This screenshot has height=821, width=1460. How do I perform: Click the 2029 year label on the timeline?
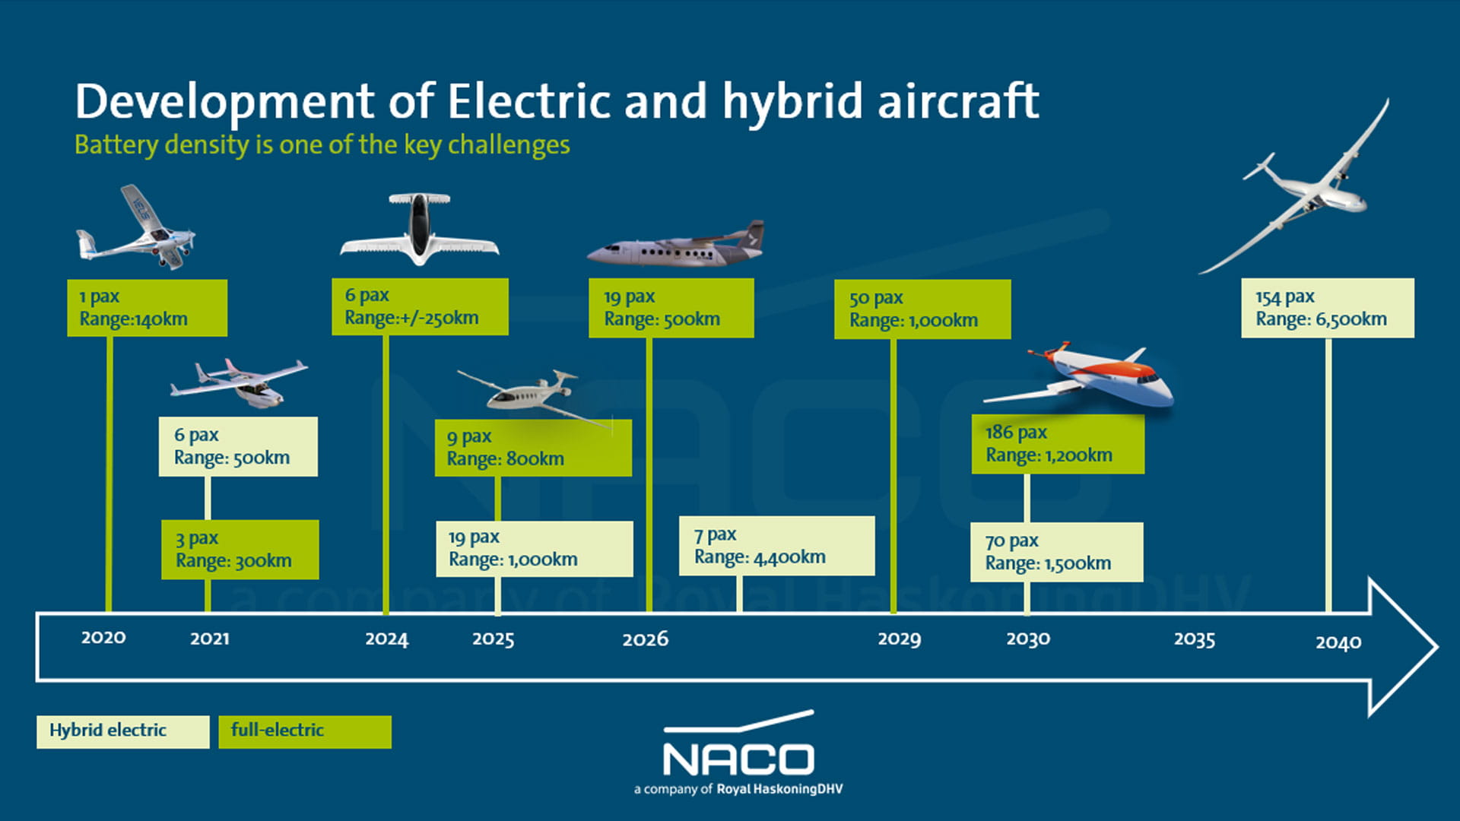pos(899,639)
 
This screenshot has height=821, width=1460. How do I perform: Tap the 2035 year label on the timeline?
pos(1194,639)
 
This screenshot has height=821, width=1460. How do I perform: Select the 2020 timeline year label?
pos(103,637)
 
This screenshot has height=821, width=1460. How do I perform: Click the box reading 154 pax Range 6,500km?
pos(1327,308)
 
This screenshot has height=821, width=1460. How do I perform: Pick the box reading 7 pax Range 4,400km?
pos(776,546)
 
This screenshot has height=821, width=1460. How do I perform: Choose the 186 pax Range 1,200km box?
pos(1057,444)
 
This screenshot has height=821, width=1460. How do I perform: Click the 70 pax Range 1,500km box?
pos(1056,552)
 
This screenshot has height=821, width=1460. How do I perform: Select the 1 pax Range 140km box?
pos(147,308)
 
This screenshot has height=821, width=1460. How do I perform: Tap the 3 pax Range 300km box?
pos(240,550)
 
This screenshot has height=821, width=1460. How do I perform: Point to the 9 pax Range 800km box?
pos(532,448)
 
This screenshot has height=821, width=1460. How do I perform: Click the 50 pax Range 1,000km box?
pos(922,309)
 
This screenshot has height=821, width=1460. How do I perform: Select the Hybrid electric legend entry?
pos(122,731)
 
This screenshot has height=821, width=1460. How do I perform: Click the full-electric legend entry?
pos(304,731)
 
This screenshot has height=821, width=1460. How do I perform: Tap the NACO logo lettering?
pos(738,759)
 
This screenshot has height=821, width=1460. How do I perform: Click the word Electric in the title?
pos(529,102)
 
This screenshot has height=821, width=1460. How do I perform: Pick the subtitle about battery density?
pos(322,144)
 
